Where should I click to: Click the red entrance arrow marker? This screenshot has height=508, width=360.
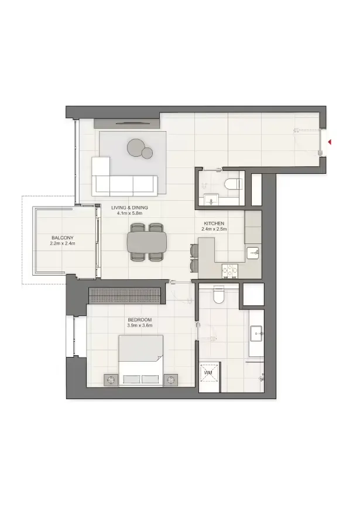[x=330, y=142]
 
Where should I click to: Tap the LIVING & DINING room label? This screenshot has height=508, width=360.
[x=129, y=208]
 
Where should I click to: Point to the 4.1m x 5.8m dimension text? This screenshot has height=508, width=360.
[x=129, y=214]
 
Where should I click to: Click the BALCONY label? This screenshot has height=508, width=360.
[x=63, y=238]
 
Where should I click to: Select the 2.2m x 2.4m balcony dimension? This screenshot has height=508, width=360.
[x=63, y=243]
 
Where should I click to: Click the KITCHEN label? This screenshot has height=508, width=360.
[x=214, y=224]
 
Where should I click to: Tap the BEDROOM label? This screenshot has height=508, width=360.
[x=140, y=320]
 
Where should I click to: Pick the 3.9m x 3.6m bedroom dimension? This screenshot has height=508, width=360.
[x=140, y=325]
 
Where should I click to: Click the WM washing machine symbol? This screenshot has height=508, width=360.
[x=208, y=373]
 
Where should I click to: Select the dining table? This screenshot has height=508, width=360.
[x=146, y=242]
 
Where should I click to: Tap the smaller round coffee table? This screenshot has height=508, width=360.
[x=147, y=153]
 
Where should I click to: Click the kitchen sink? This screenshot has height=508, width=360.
[x=252, y=252]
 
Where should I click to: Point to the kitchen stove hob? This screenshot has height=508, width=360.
[x=229, y=270]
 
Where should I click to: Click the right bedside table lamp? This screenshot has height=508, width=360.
[x=171, y=380]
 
